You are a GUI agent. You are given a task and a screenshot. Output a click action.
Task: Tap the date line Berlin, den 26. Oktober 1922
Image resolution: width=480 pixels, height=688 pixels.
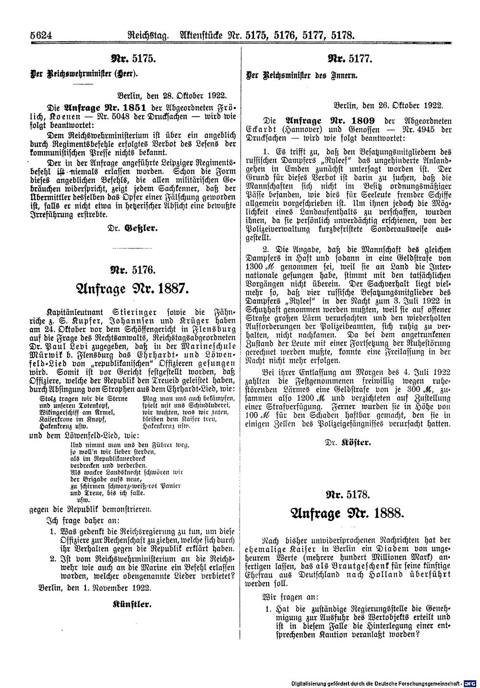pos(388,104)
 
